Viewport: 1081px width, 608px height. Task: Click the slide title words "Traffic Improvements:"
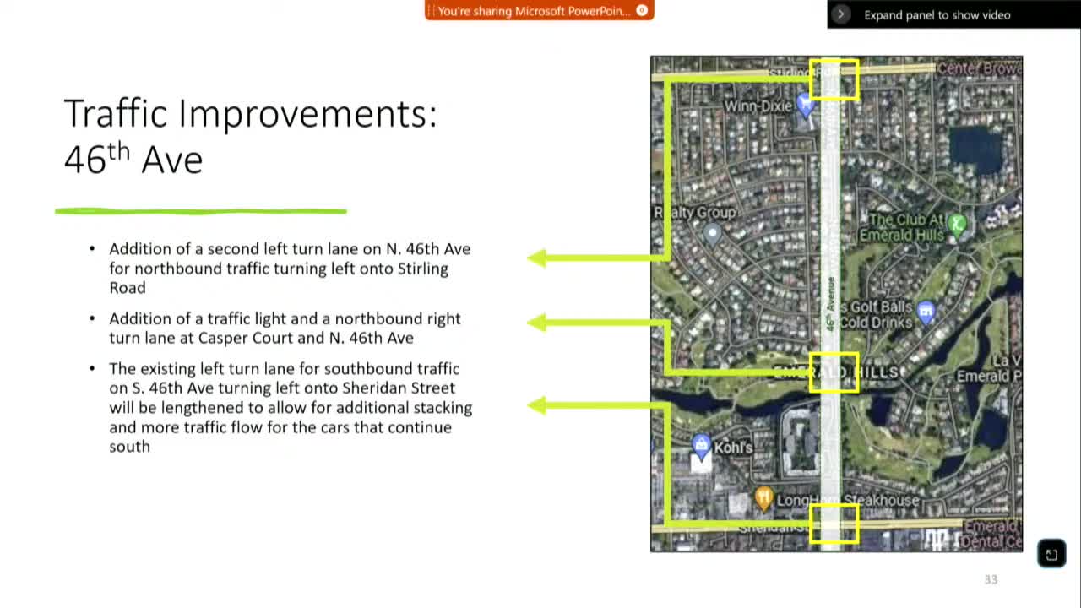[250, 114]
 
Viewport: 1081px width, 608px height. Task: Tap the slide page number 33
[991, 579]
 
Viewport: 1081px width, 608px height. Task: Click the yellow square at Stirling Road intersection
[834, 79]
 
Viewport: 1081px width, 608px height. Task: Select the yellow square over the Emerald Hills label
[834, 372]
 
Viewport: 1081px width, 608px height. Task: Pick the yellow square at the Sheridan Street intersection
[834, 524]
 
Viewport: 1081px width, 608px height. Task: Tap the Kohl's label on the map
[732, 447]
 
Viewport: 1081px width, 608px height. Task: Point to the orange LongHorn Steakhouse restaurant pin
[763, 498]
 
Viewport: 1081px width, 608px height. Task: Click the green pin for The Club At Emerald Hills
[956, 224]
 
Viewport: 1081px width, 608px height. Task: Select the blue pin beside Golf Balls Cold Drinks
[926, 312]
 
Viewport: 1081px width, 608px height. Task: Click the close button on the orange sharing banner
[642, 11]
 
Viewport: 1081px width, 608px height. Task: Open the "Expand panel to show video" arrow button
[841, 14]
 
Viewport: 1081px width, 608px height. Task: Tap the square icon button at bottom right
[1051, 554]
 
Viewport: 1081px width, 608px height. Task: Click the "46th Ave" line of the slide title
[133, 159]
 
